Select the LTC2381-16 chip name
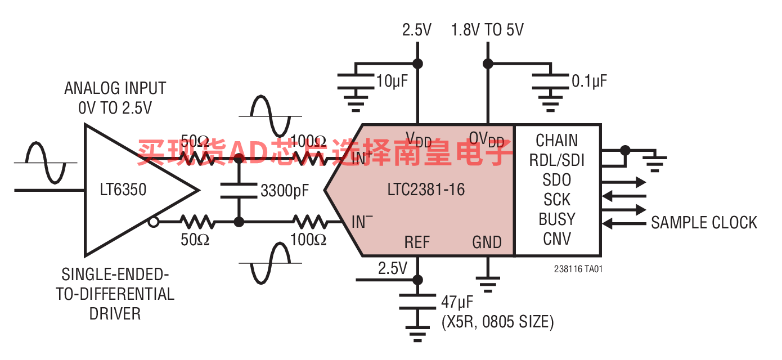(426, 190)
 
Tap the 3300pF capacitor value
(285, 191)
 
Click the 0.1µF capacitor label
(589, 82)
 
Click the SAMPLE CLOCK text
(704, 223)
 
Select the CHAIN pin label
(556, 140)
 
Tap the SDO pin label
(556, 180)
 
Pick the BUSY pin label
(556, 219)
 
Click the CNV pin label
(556, 239)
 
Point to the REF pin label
(417, 242)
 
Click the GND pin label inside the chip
(487, 242)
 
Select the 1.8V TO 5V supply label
(487, 30)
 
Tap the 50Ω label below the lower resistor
(195, 240)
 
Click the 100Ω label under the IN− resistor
(308, 240)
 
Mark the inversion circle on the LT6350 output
(153, 222)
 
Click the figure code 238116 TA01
(578, 269)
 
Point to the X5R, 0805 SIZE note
(497, 322)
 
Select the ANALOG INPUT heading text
(115, 88)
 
